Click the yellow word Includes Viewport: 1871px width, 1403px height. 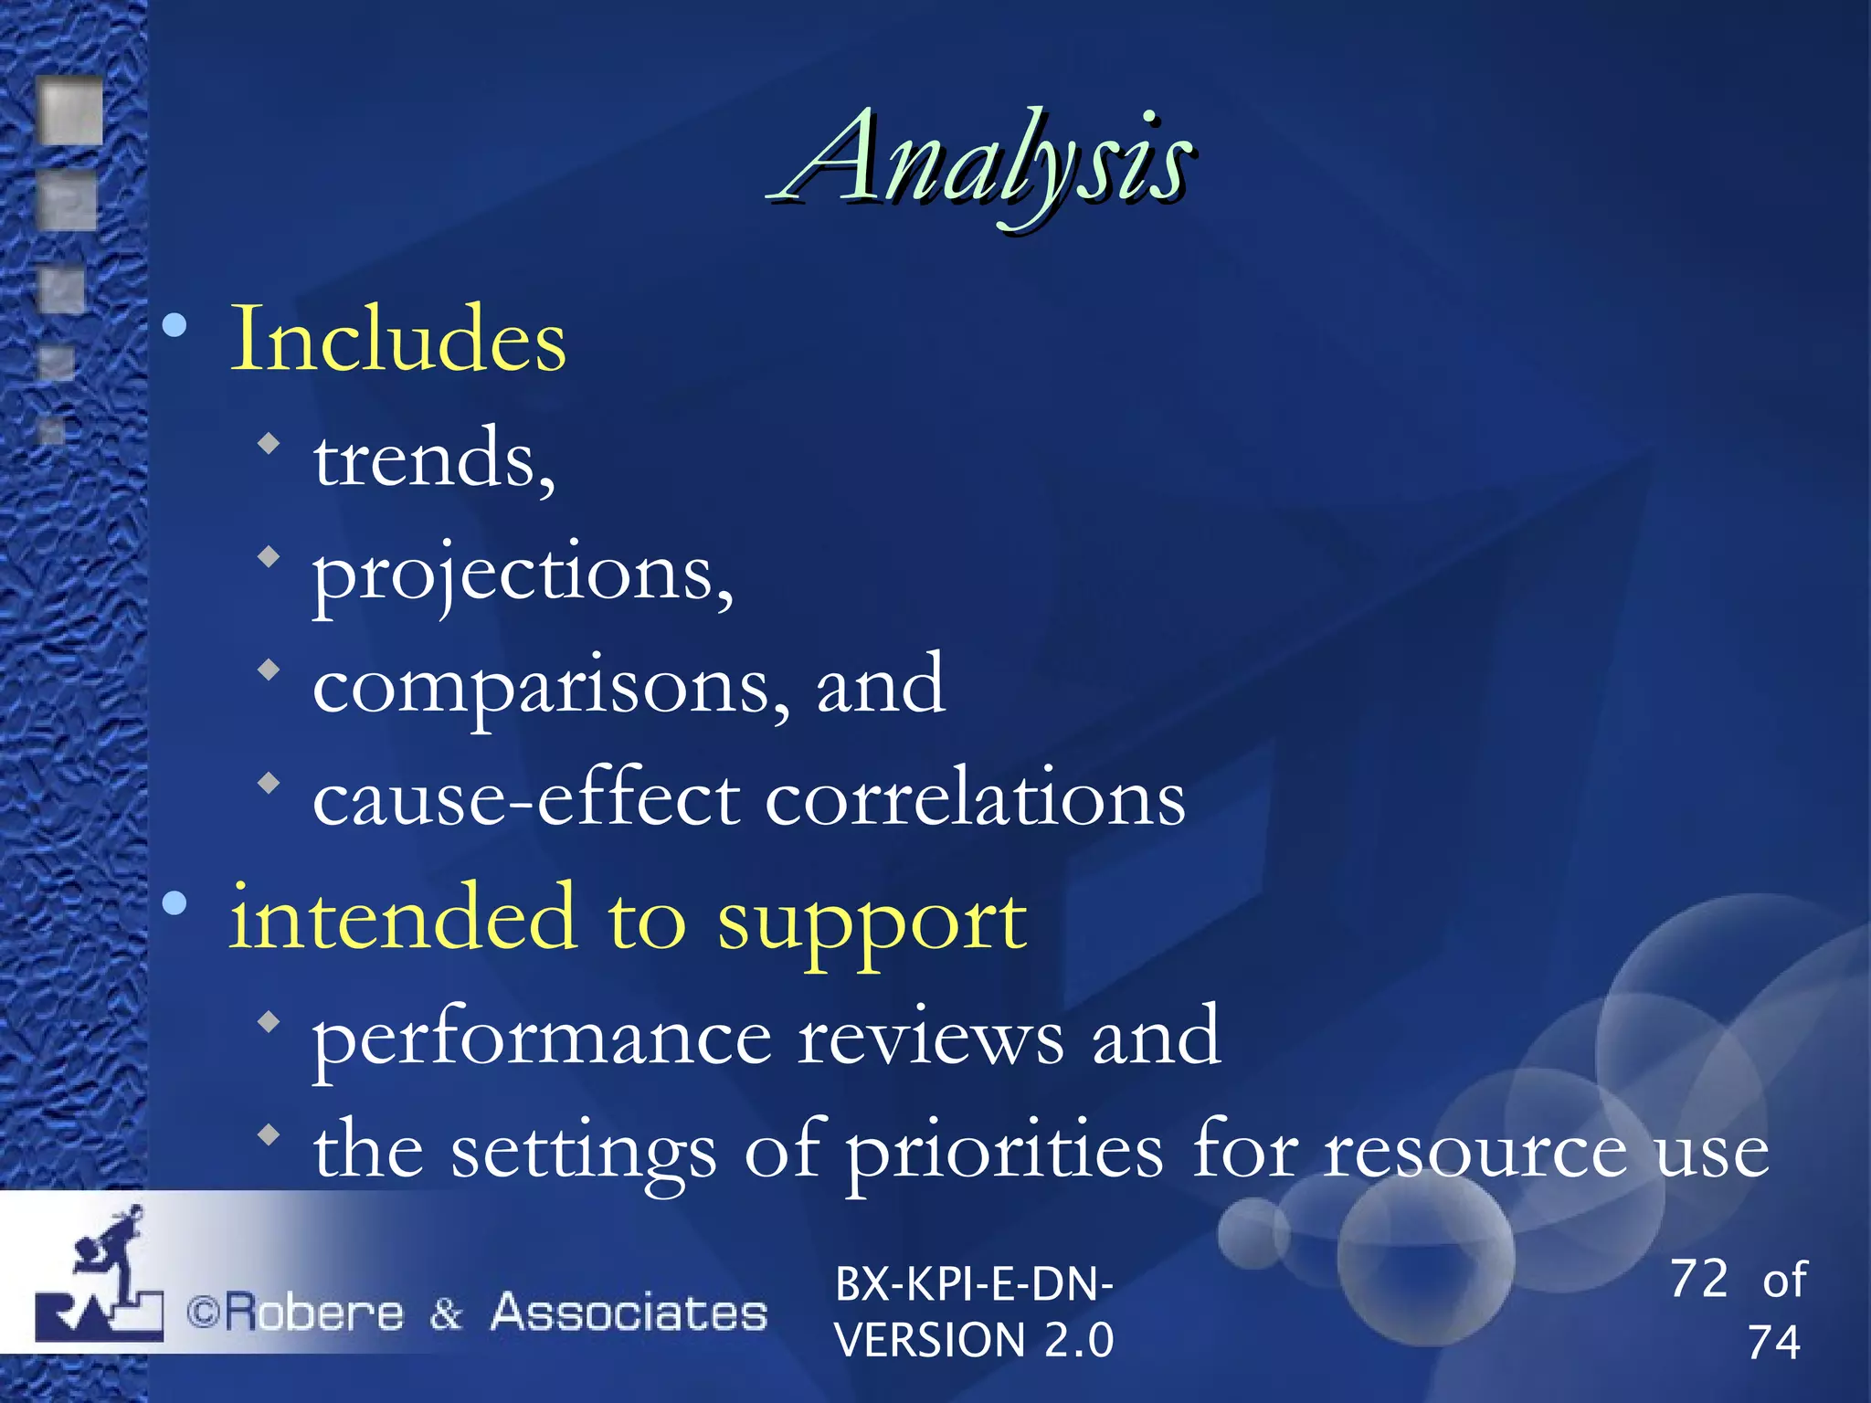398,340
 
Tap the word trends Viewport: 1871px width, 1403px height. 431,459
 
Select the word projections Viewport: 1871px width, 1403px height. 520,574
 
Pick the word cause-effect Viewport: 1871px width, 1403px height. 526,800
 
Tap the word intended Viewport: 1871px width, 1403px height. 402,917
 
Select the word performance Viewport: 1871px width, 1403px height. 543,1039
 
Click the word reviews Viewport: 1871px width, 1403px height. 930,1038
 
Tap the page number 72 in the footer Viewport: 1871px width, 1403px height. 1698,1279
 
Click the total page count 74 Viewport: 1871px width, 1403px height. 1773,1343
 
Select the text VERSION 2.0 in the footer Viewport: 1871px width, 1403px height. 973,1341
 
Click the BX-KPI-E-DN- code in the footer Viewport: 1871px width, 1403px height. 973,1284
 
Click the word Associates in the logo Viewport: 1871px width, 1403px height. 629,1313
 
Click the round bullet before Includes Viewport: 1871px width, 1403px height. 174,324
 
